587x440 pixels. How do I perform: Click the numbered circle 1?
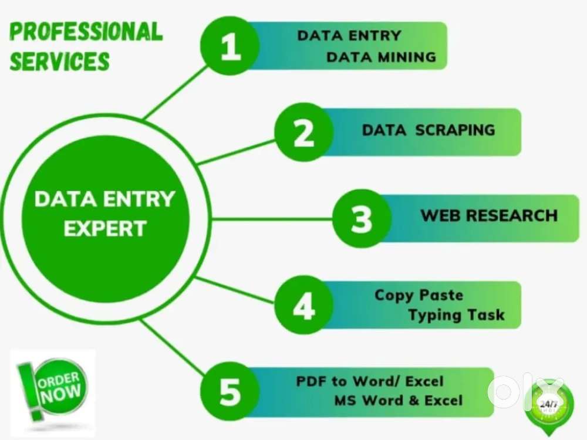pos(230,46)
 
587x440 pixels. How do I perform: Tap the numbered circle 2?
pos(304,132)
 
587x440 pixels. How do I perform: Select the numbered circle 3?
pos(362,218)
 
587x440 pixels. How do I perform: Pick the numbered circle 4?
pos(304,305)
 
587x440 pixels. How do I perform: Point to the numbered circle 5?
pos(230,391)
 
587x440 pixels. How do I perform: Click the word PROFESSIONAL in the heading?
pos(86,32)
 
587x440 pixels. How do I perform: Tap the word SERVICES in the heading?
pos(59,61)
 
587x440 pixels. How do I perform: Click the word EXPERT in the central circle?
pos(105,229)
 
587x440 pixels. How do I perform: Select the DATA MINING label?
pos(381,57)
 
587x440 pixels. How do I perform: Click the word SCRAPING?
pos(456,130)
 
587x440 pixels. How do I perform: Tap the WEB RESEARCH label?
pos(490,215)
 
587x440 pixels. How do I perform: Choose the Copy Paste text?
pos(419,295)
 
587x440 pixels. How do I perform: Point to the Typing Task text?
pos(456,314)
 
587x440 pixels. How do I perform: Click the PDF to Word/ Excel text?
pos(370,381)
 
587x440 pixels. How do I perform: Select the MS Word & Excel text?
pos(399,400)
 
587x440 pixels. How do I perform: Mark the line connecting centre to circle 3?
pos(272,219)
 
